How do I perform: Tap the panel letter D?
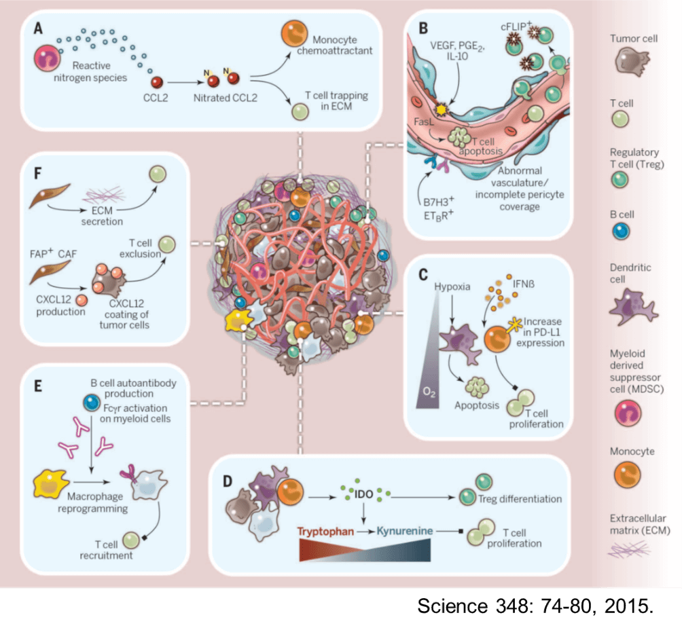(x=228, y=481)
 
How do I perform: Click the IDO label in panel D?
(x=364, y=494)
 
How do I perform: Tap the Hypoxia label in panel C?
(x=452, y=287)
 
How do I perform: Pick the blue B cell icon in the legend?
(x=621, y=231)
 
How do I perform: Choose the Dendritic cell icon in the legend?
(x=631, y=307)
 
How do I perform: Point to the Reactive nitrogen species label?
(x=90, y=72)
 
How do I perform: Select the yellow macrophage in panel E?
(x=51, y=483)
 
